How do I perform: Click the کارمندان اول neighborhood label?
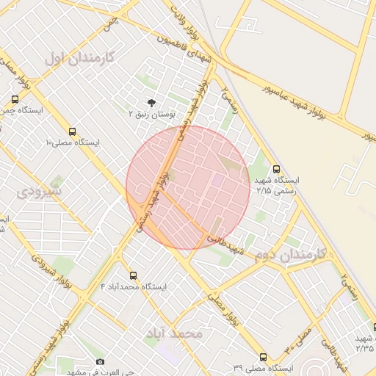(x=78, y=57)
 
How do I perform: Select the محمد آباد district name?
(x=173, y=333)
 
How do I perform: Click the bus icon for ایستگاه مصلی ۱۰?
(x=72, y=129)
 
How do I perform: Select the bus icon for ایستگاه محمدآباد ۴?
(x=133, y=275)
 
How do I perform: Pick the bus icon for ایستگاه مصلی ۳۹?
(x=264, y=356)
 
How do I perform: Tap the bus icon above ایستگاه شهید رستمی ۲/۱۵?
(x=276, y=168)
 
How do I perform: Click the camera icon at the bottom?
(x=101, y=361)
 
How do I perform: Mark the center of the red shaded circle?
(x=189, y=187)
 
